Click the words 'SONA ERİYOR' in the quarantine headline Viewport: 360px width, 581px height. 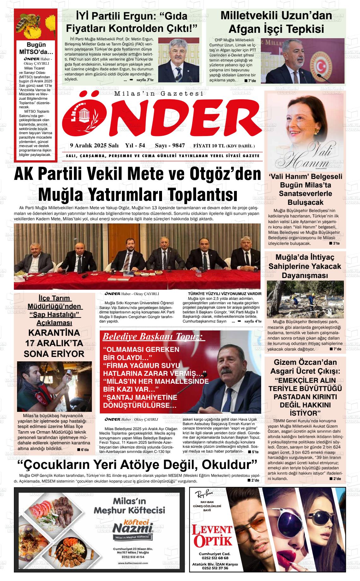54,354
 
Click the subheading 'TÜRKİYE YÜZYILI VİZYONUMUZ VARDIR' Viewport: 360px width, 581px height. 225,294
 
